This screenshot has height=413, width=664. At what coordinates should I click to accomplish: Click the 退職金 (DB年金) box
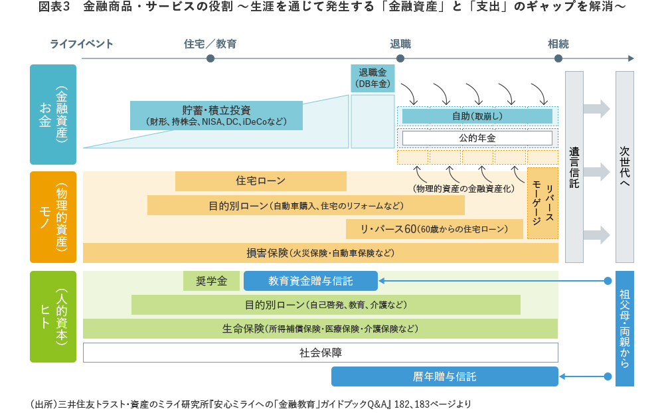click(373, 78)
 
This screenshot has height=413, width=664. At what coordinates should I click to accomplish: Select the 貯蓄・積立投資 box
click(216, 116)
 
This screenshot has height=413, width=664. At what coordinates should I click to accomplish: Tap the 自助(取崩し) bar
click(477, 116)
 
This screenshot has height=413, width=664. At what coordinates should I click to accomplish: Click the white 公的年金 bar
click(477, 138)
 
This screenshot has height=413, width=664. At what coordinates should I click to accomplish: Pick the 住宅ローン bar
click(260, 181)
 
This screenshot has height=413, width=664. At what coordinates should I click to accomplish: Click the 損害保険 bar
click(320, 253)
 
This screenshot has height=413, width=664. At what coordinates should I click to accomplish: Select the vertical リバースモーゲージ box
click(542, 203)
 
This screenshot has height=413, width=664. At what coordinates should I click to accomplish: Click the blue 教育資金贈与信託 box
click(311, 281)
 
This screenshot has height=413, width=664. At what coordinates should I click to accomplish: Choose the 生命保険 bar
click(320, 329)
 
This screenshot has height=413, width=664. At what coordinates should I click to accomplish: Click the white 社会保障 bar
click(320, 353)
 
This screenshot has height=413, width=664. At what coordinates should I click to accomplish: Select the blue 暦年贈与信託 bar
click(444, 376)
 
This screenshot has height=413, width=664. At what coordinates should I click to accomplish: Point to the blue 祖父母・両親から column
click(624, 329)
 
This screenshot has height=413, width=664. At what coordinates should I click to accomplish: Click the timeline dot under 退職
click(400, 58)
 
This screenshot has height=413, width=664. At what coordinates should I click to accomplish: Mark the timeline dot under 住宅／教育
click(210, 58)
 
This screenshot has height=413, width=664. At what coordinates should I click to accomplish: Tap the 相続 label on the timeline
click(558, 44)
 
